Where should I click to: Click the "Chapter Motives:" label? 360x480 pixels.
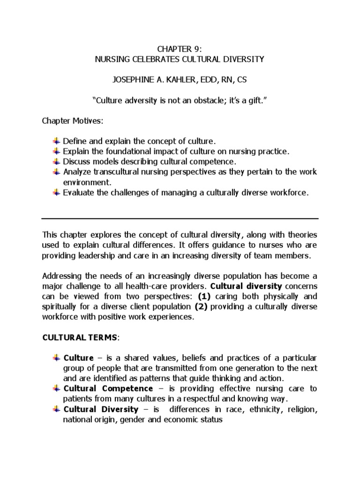tap(72, 121)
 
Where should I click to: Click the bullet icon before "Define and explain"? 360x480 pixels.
tap(56, 141)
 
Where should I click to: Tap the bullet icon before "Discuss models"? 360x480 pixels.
tap(56, 162)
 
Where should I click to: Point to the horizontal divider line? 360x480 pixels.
tap(180, 218)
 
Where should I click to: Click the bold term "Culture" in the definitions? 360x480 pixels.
tap(78, 358)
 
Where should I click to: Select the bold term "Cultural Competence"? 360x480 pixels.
tap(108, 389)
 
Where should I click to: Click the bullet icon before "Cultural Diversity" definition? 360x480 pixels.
tap(56, 409)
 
